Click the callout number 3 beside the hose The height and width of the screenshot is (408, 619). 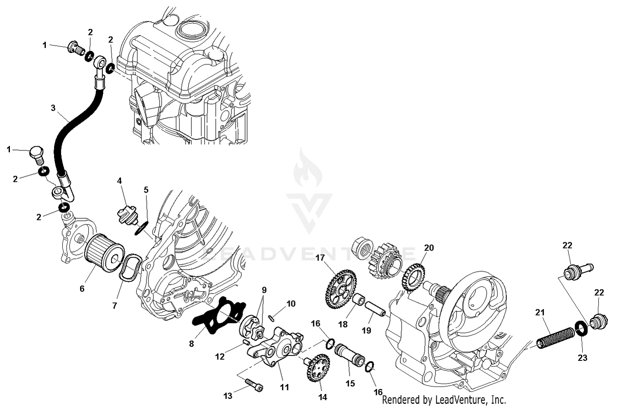53,108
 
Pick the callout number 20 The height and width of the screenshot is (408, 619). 429,248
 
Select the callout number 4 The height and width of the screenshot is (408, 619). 119,181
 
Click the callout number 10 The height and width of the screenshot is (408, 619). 291,304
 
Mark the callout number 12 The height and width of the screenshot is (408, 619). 220,356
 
